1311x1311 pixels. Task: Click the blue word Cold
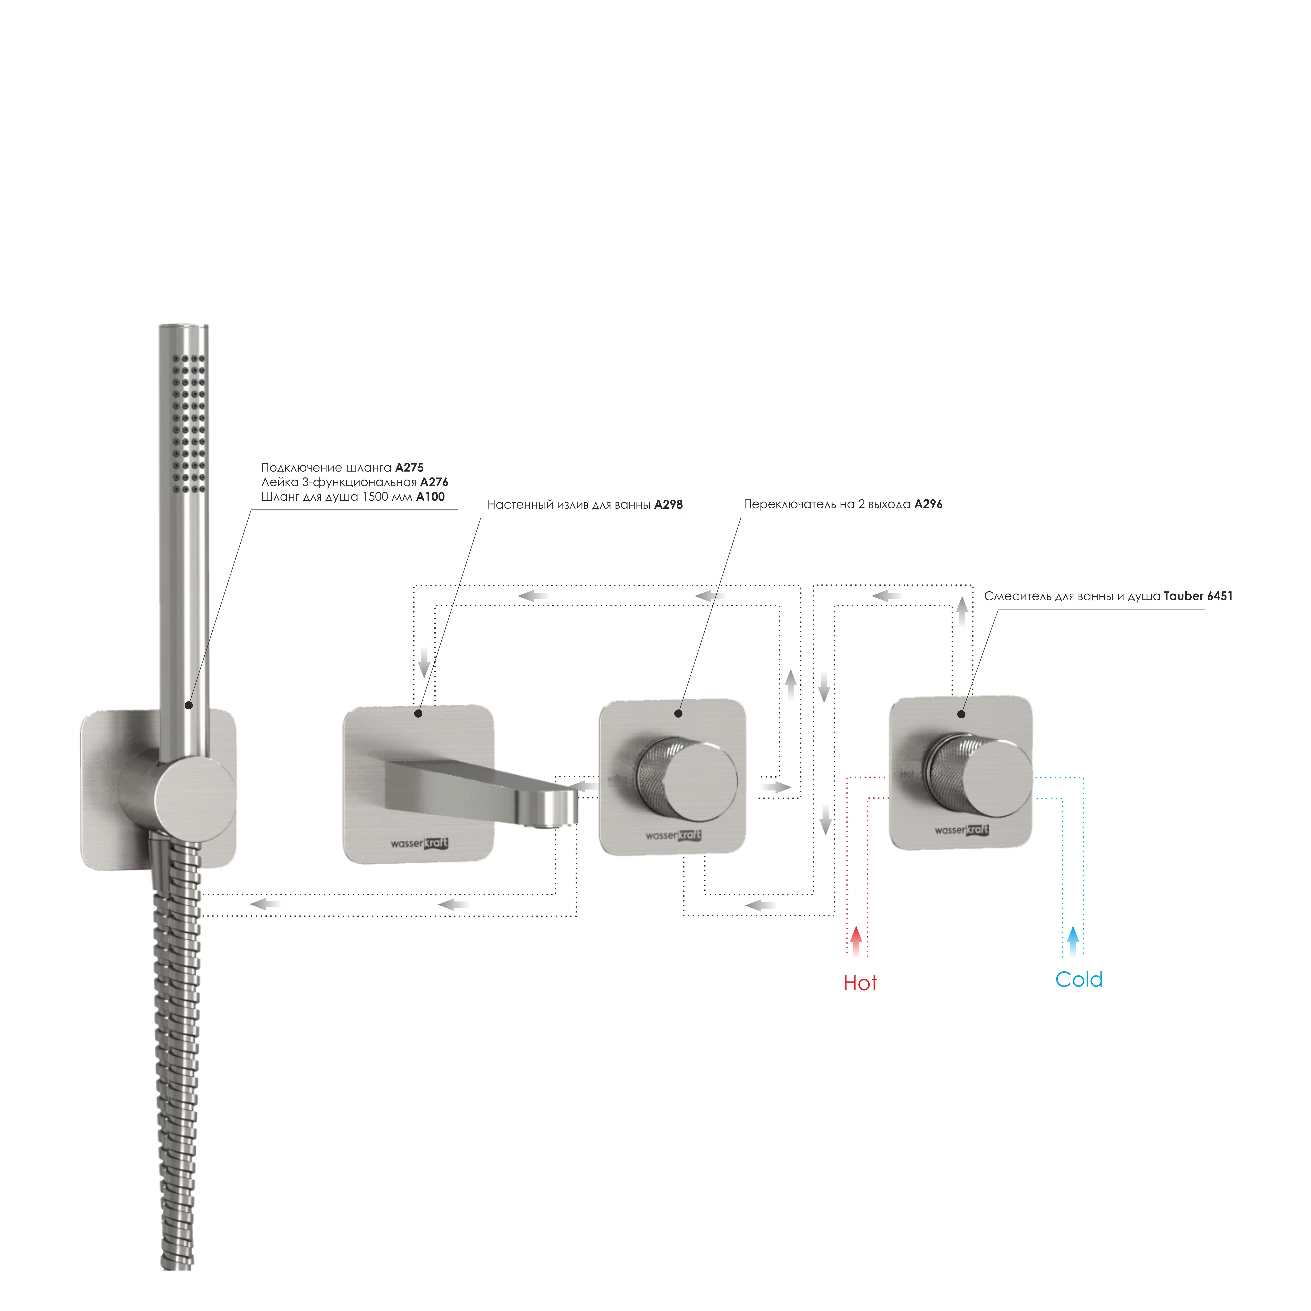(x=1079, y=979)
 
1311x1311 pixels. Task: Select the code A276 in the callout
(x=434, y=482)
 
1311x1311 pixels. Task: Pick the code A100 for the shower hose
(x=430, y=497)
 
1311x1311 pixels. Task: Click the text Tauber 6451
(x=1198, y=597)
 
